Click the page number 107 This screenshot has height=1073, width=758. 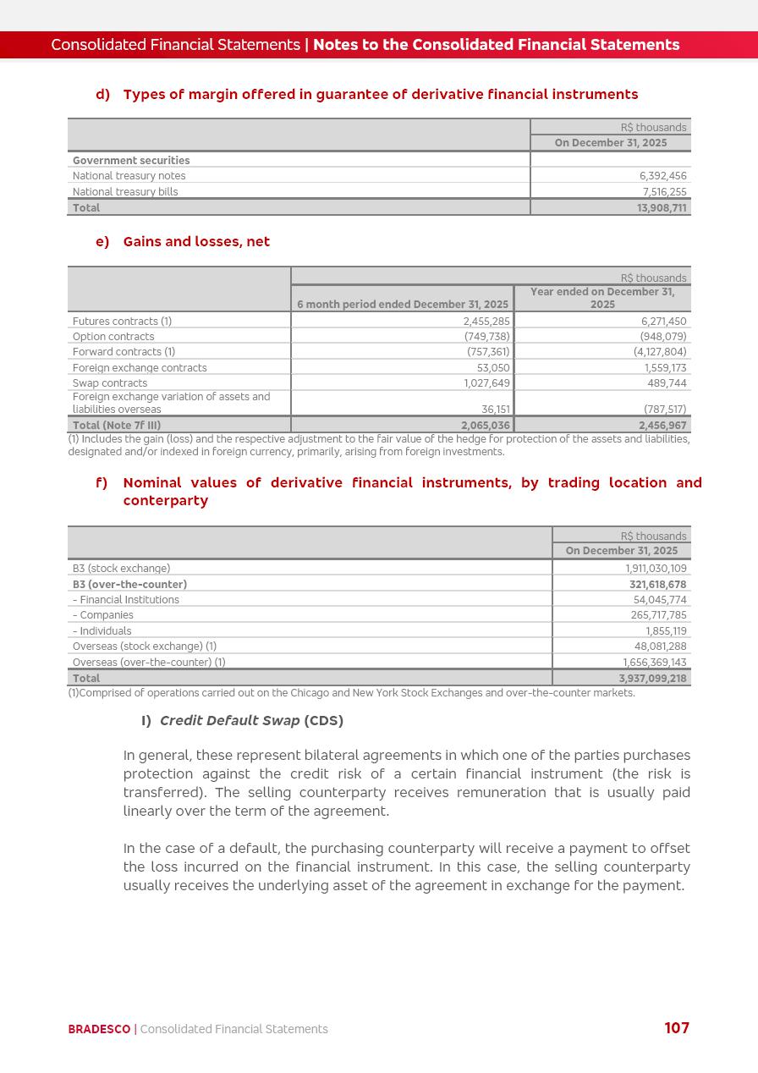(677, 1028)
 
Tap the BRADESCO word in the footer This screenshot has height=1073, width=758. (99, 1029)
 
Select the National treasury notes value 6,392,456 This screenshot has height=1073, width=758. (662, 176)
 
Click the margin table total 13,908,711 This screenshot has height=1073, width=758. (662, 207)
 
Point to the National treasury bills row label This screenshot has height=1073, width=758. (125, 192)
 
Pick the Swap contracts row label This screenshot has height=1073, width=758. (110, 383)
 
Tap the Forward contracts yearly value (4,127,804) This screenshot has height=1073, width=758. (660, 352)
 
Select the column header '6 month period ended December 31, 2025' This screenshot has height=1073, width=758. (403, 305)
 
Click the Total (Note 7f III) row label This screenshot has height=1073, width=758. (117, 426)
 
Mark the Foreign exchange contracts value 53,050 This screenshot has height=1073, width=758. (493, 368)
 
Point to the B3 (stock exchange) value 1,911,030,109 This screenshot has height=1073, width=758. (656, 569)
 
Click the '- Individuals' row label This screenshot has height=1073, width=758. (102, 631)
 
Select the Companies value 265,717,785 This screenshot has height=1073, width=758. (658, 615)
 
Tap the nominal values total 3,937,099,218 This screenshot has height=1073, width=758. (652, 679)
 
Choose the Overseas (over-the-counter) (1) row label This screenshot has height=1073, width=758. (149, 663)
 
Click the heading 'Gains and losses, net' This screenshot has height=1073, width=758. (196, 242)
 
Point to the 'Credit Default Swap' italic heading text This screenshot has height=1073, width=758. (229, 721)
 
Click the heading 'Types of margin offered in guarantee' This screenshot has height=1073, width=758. (380, 95)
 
